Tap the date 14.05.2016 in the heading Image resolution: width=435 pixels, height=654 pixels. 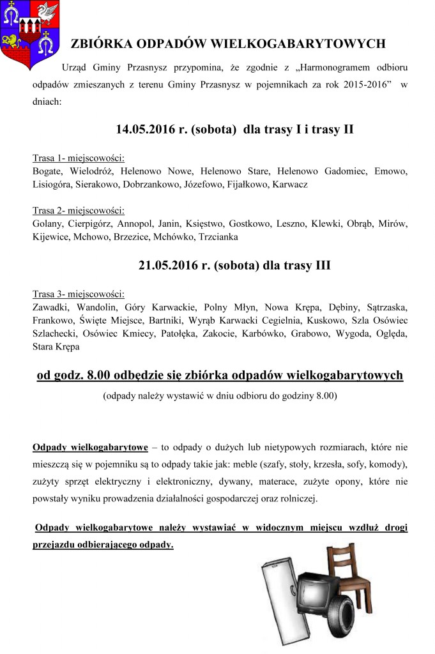point(143,129)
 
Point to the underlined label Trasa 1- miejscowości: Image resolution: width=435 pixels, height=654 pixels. point(78,158)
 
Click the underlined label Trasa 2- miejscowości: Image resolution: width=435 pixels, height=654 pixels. point(78,210)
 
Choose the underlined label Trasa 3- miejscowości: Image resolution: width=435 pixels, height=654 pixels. point(78,294)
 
